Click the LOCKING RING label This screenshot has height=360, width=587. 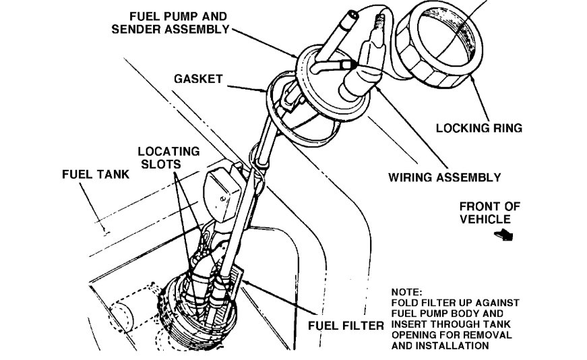pyautogui.click(x=478, y=127)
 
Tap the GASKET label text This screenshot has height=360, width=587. pyautogui.click(x=197, y=78)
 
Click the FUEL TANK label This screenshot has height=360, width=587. pyautogui.click(x=90, y=173)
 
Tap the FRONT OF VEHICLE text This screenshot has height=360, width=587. pyautogui.click(x=489, y=212)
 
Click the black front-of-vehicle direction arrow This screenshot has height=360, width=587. pyautogui.click(x=503, y=235)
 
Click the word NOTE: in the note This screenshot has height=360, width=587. pyautogui.click(x=406, y=292)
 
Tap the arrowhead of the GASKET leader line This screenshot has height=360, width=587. pyautogui.click(x=268, y=88)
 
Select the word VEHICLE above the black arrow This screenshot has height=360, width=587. pyautogui.click(x=489, y=219)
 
